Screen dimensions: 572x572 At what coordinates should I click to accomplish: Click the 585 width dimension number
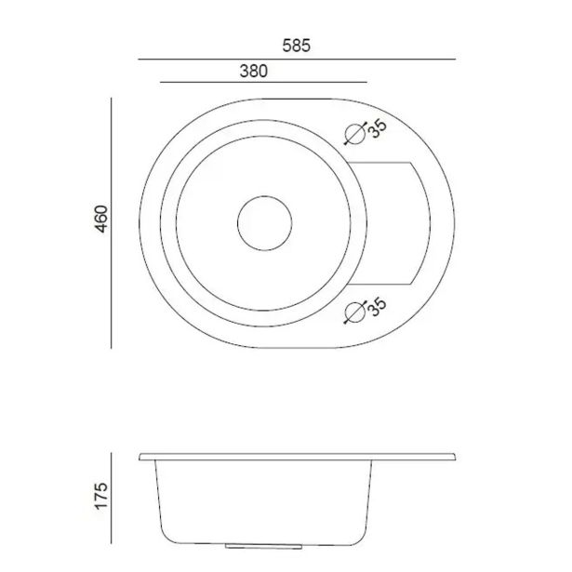point(296,46)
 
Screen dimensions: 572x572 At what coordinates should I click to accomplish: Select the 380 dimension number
point(254,71)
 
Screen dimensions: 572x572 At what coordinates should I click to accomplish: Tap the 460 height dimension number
point(101,219)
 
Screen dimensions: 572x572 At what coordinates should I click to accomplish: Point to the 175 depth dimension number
point(101,496)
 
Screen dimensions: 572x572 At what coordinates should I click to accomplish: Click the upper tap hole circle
point(355,134)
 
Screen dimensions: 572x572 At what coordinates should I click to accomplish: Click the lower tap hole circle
point(355,313)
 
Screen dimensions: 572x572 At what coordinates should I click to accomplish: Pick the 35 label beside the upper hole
point(378,129)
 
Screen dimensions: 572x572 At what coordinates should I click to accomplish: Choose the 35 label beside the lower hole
point(378,307)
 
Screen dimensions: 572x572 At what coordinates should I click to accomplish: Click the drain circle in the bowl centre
point(264,196)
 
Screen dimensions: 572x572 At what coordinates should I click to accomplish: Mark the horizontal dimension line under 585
point(297,59)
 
